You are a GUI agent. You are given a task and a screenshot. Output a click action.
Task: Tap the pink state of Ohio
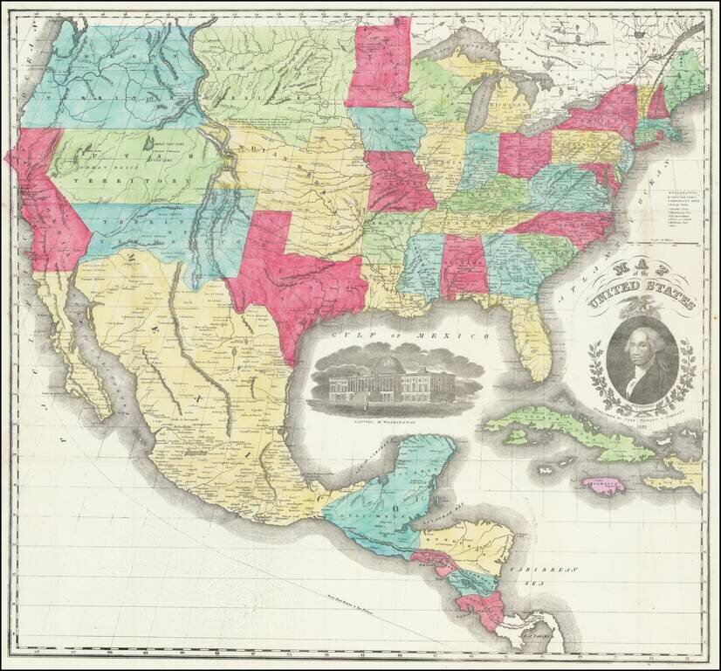[x=525, y=153]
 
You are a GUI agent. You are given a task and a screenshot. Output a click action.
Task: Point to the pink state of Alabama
[x=463, y=266]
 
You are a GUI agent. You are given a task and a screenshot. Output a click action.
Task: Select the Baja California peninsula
[x=87, y=349]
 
